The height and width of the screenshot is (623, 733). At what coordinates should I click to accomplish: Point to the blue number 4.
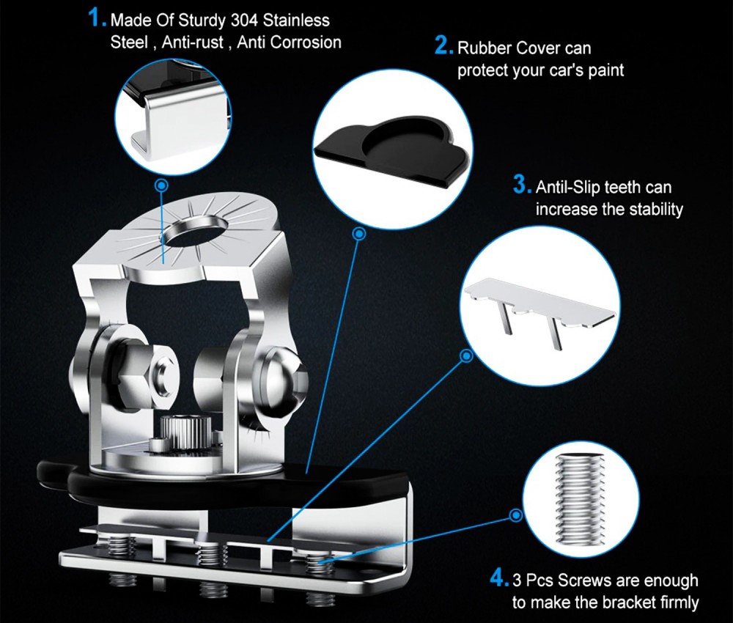(499, 578)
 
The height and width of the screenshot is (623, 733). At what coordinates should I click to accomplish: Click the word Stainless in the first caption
(296, 21)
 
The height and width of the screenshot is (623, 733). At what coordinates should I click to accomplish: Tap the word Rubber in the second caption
(485, 48)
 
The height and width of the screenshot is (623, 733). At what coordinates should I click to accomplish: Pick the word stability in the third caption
(656, 209)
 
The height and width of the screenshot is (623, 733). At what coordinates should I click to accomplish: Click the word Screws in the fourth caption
(585, 581)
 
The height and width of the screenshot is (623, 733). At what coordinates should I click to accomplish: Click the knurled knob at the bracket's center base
(184, 435)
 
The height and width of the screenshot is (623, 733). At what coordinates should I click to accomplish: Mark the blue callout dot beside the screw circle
(516, 515)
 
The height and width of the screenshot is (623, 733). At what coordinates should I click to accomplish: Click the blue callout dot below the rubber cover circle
(358, 234)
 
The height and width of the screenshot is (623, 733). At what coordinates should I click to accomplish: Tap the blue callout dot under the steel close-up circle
(162, 186)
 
